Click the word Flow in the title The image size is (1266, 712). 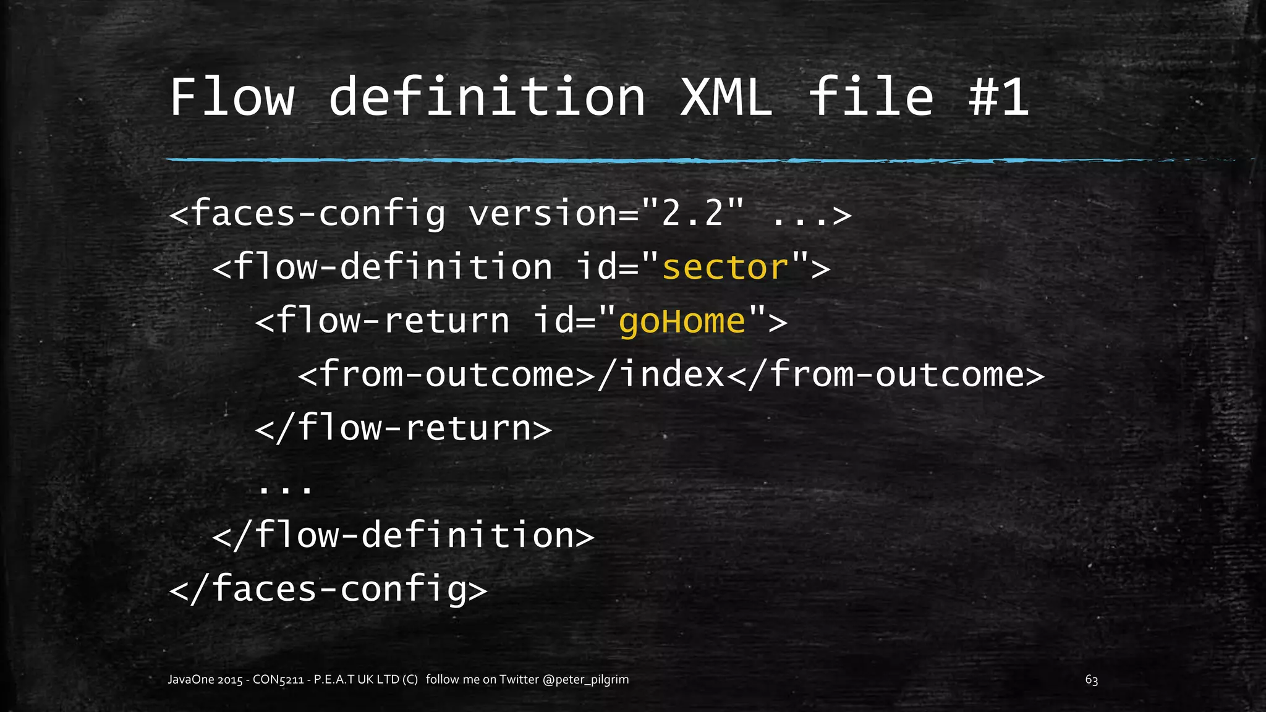coord(232,97)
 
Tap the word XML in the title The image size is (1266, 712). coord(726,97)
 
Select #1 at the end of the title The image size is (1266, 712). coord(998,97)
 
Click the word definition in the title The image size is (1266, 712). coord(487,97)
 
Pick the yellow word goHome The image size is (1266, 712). coord(682,321)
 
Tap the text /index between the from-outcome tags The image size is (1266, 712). coord(661,375)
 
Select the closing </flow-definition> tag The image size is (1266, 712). coord(403,535)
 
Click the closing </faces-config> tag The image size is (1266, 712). coord(328,588)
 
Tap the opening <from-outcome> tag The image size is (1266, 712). coord(446,375)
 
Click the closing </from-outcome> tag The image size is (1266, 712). coord(886,375)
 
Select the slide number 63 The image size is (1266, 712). coord(1091,680)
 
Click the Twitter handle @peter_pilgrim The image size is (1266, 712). coord(585,679)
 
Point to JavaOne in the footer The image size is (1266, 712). coord(191,679)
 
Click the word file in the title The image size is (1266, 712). coord(871,97)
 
